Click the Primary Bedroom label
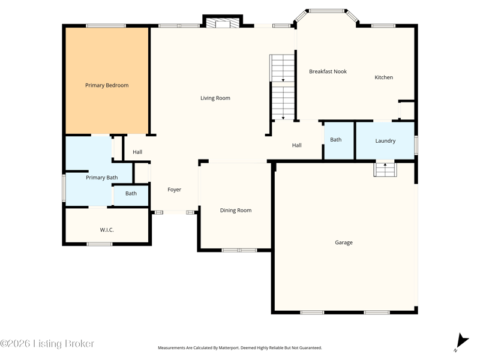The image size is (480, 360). pyautogui.click(x=107, y=85)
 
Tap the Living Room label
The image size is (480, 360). pyautogui.click(x=215, y=98)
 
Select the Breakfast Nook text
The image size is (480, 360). pyautogui.click(x=328, y=71)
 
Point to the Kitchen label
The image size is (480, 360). pyautogui.click(x=383, y=77)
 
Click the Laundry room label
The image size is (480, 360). pyautogui.click(x=385, y=141)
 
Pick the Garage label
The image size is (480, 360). pyautogui.click(x=344, y=242)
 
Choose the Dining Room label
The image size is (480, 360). pyautogui.click(x=236, y=211)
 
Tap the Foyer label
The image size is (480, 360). pyautogui.click(x=174, y=190)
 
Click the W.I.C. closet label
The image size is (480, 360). pyautogui.click(x=107, y=230)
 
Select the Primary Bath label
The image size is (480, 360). pyautogui.click(x=101, y=178)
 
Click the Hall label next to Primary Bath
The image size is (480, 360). pyautogui.click(x=137, y=152)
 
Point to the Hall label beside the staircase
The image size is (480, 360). pyautogui.click(x=296, y=145)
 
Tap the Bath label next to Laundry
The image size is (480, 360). pyautogui.click(x=336, y=140)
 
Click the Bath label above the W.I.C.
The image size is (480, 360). pyautogui.click(x=131, y=193)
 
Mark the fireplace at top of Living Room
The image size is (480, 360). pyautogui.click(x=223, y=23)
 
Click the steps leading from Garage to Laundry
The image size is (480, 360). pyautogui.click(x=385, y=170)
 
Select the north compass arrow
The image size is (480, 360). pyautogui.click(x=462, y=341)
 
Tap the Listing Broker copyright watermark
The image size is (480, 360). pyautogui.click(x=47, y=343)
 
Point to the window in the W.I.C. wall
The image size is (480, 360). pyautogui.click(x=100, y=244)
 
